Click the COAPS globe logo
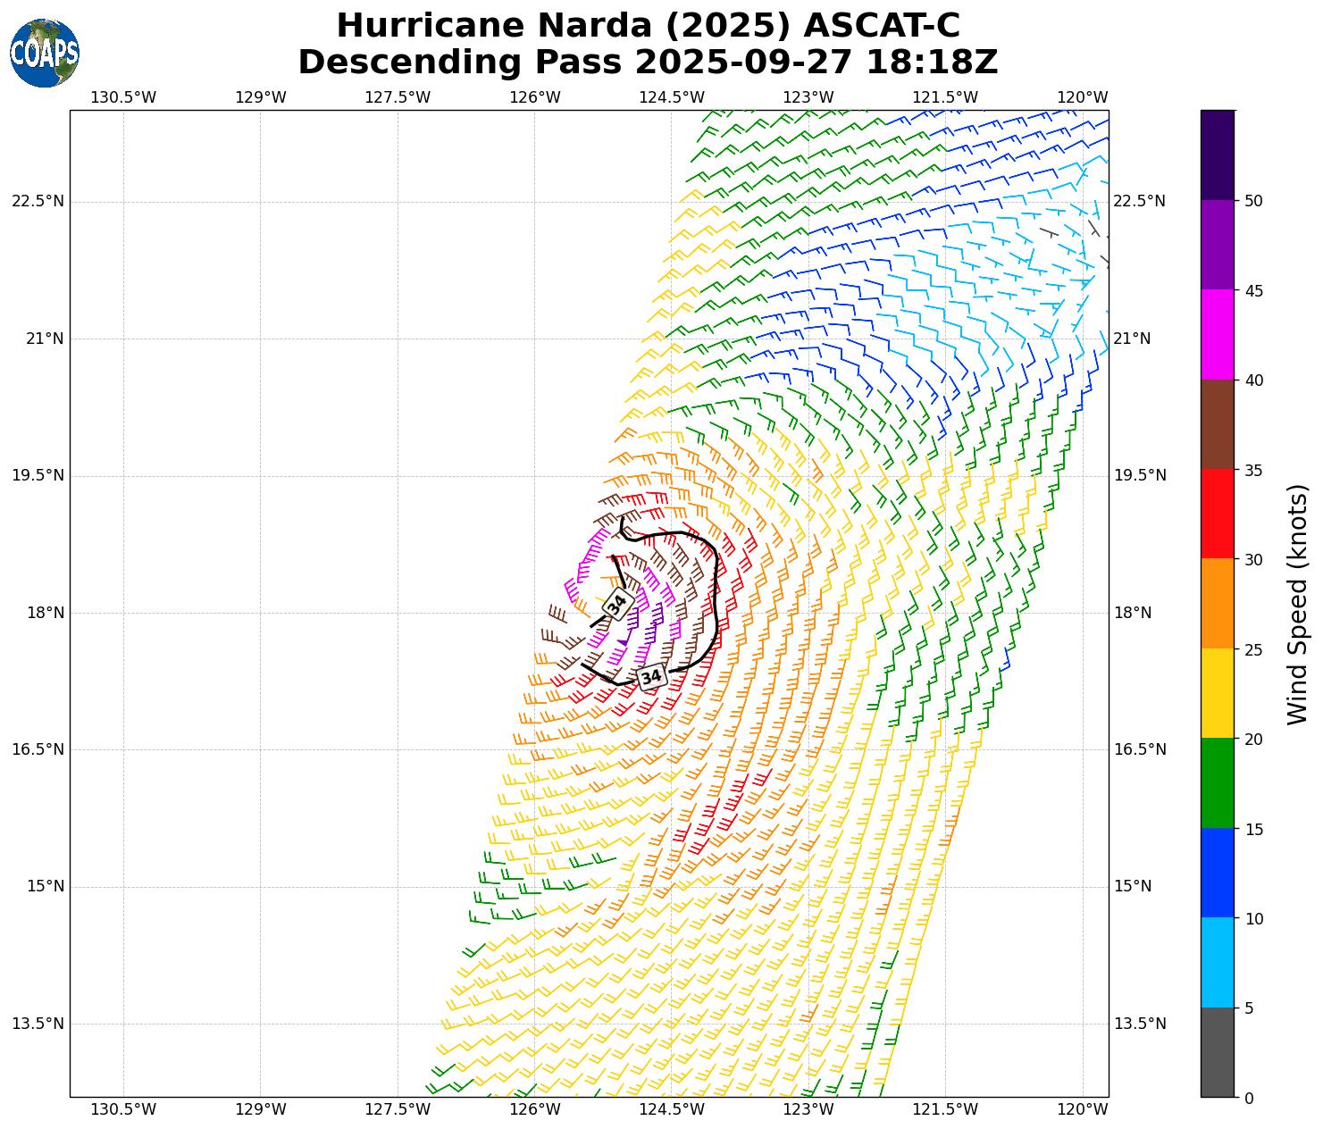45,54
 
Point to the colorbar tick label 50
1253,201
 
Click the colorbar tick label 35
1253,470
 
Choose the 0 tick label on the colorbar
1249,1098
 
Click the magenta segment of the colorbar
1217,335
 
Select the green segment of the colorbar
1217,783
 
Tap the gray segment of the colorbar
1217,1052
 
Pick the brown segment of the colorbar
1217,425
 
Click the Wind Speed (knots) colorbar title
1297,604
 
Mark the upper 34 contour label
617,605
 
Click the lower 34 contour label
651,677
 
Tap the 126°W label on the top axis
535,97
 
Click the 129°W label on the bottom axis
261,1109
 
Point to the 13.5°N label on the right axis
1139,1024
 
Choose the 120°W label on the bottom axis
1084,1109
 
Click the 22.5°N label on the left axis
38,201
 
